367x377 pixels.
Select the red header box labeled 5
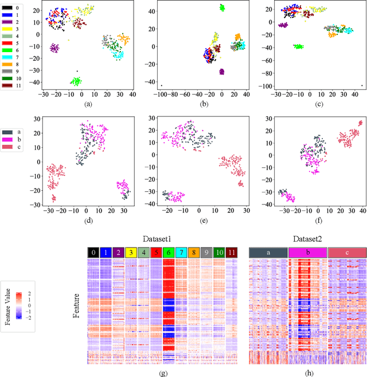[155, 252]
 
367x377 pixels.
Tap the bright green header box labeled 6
[169, 252]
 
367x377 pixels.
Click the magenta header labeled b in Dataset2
[307, 252]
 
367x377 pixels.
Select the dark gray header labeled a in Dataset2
[268, 252]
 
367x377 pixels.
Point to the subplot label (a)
[88, 104]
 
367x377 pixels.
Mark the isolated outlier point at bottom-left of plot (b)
[162, 86]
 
